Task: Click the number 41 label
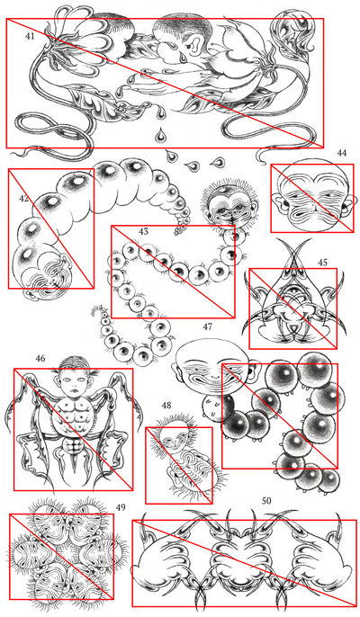click(x=31, y=36)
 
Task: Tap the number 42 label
click(x=23, y=198)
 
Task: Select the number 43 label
click(x=143, y=231)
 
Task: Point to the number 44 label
click(x=341, y=153)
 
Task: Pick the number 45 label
click(x=322, y=263)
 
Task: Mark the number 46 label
click(x=40, y=359)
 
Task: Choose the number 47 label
click(x=207, y=326)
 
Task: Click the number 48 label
click(x=166, y=405)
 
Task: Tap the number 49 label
click(x=121, y=507)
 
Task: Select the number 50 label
click(x=266, y=500)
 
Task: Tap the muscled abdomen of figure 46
click(x=74, y=417)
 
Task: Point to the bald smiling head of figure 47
click(x=213, y=367)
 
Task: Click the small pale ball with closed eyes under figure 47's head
click(x=213, y=408)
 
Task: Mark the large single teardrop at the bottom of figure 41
click(x=160, y=135)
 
